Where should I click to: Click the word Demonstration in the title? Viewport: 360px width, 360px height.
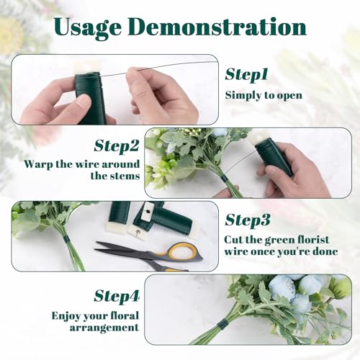(x=217, y=27)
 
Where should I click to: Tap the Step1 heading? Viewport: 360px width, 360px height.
(x=246, y=75)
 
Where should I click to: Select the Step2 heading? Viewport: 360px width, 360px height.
(x=117, y=146)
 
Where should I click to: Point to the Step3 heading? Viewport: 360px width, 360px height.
(x=248, y=220)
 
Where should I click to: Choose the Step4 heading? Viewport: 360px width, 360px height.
(x=117, y=297)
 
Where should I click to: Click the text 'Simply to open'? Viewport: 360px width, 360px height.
(x=264, y=96)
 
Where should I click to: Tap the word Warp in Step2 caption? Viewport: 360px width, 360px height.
(x=38, y=165)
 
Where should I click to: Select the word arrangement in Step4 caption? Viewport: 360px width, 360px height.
(x=104, y=328)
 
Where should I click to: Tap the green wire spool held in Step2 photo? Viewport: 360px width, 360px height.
(x=274, y=157)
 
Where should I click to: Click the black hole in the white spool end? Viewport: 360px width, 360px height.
(x=148, y=212)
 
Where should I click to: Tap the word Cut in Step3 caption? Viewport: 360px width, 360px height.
(x=233, y=240)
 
